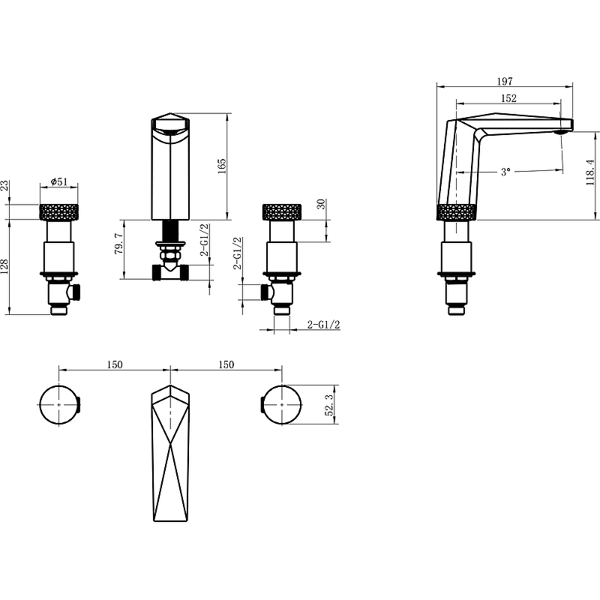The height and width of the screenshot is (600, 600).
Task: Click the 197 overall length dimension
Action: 505,81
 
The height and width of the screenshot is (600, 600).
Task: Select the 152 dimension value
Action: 508,98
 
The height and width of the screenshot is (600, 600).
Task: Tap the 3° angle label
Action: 505,172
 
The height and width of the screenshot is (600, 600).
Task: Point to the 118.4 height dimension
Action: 590,172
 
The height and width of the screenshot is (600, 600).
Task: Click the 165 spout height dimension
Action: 222,166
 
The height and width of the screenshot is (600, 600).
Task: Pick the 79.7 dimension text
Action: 119,244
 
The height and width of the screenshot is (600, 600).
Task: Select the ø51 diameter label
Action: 58,181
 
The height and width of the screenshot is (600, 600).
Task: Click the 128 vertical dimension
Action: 4,267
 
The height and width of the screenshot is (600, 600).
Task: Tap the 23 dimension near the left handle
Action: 4,185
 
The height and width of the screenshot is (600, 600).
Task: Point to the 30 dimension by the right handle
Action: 322,204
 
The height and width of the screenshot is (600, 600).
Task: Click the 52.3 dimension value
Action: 330,405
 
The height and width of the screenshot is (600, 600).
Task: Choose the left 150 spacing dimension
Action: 115,364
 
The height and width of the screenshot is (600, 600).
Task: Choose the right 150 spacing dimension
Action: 226,364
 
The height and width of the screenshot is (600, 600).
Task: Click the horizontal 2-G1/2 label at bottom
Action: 324,325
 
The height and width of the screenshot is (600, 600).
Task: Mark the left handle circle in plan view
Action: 59,405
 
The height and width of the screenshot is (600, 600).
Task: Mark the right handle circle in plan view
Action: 282,405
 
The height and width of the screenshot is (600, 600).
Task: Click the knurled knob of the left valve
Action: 59,212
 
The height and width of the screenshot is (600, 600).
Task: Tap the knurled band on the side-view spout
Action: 457,212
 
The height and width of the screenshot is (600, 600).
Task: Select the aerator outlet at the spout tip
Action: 561,132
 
